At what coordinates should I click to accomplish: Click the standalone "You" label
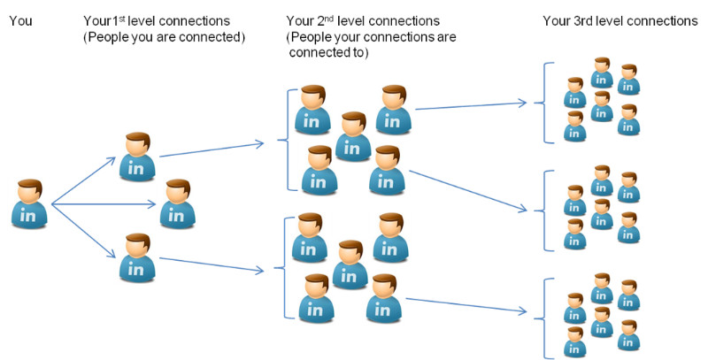[x=20, y=20]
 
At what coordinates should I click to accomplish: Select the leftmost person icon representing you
[x=29, y=203]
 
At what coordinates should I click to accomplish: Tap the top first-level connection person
[x=137, y=157]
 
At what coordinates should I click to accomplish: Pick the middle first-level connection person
[x=178, y=203]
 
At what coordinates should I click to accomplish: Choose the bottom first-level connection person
[x=137, y=257]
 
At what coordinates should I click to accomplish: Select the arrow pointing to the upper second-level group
[x=212, y=150]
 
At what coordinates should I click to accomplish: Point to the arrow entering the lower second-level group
[x=212, y=264]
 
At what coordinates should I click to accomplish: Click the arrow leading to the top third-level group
[x=471, y=106]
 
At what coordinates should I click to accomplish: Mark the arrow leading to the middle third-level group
[x=468, y=190]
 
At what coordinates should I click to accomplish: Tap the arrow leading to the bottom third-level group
[x=466, y=304]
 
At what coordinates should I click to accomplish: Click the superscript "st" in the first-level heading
[x=122, y=18]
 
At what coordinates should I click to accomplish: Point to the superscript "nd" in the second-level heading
[x=328, y=18]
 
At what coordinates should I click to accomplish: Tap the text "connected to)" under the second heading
[x=328, y=52]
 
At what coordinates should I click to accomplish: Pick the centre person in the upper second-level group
[x=353, y=136]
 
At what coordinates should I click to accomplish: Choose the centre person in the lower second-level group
[x=350, y=264]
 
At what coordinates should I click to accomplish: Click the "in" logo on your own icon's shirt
[x=28, y=216]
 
